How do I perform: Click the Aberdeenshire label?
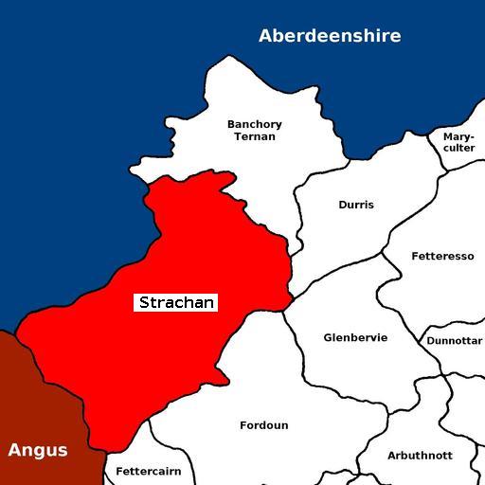330,36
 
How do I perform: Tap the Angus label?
38,450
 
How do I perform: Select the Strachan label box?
177,303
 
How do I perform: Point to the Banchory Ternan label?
255,130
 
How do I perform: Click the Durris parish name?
356,205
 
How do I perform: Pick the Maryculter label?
458,142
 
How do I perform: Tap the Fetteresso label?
442,257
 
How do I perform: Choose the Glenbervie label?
355,338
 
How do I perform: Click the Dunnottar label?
455,341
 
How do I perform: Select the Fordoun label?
264,425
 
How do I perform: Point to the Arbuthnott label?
420,456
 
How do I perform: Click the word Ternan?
255,136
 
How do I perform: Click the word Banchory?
255,124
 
